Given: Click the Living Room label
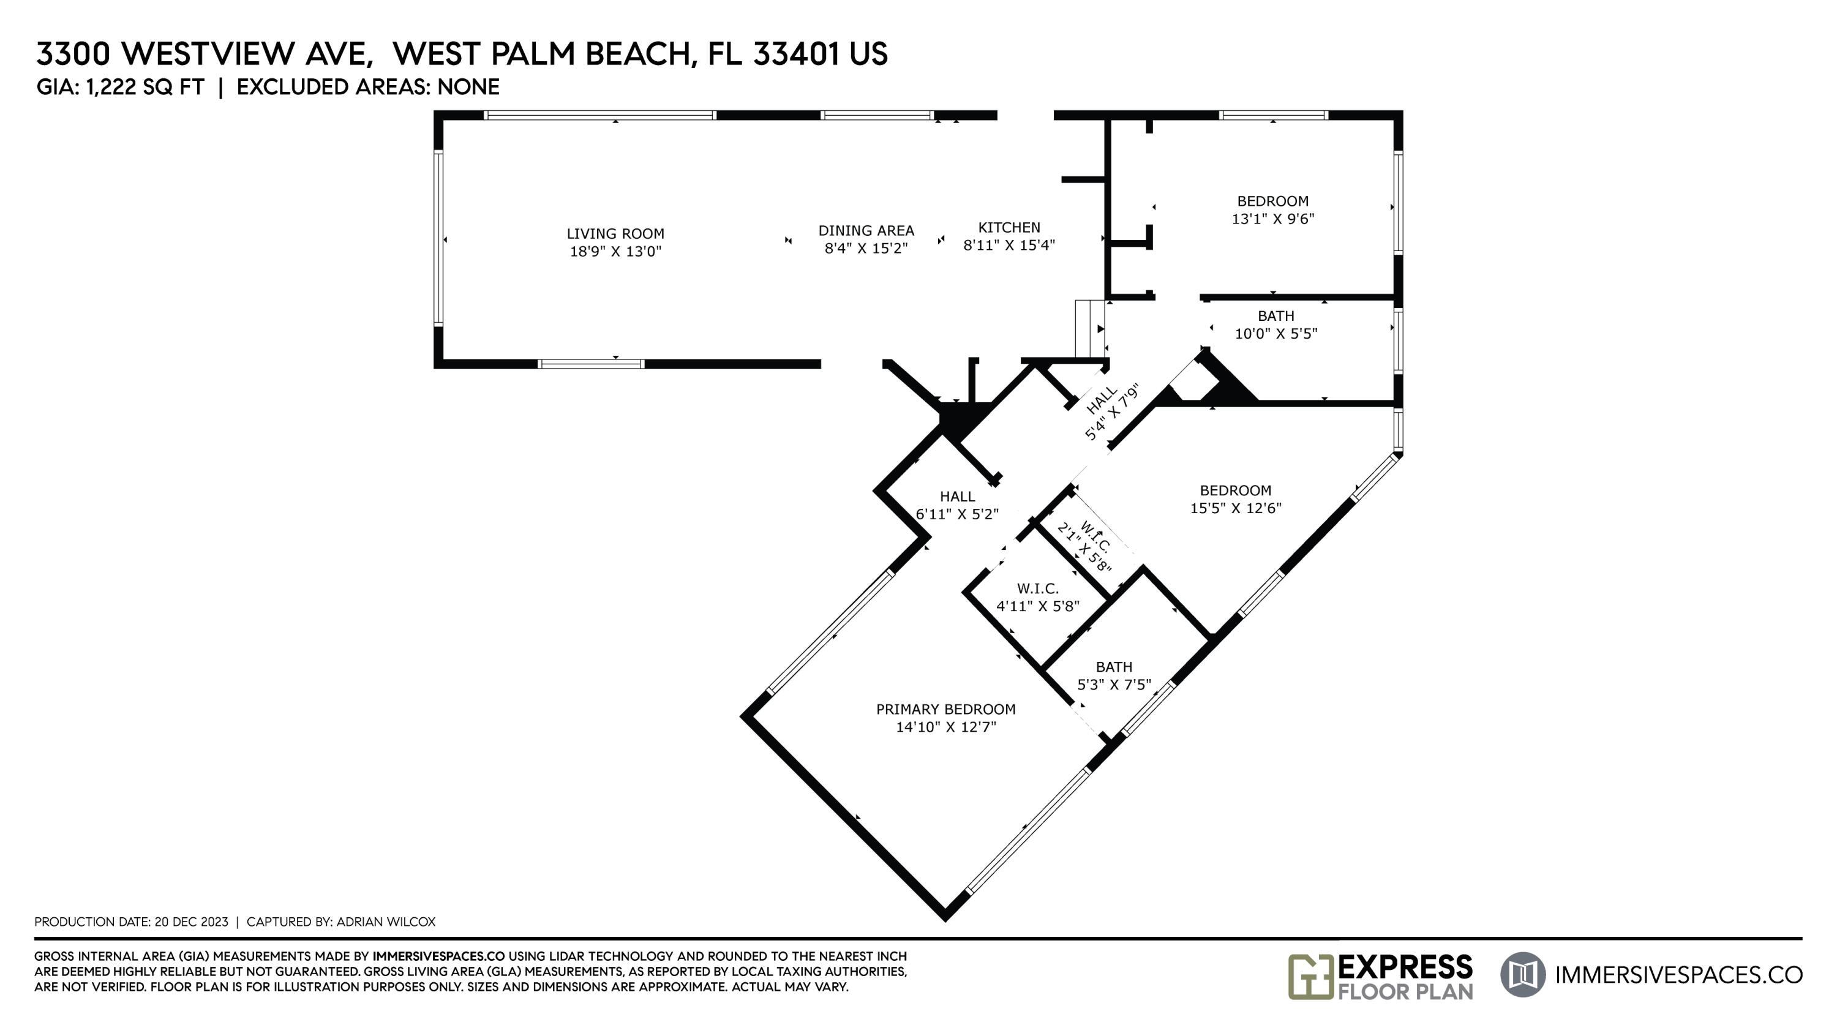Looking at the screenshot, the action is click(615, 233).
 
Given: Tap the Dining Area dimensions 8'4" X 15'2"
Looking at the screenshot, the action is click(866, 248).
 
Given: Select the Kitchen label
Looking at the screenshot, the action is click(1009, 227).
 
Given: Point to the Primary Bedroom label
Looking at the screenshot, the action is click(945, 709).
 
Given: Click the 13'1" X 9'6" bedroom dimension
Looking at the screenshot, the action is click(1273, 219).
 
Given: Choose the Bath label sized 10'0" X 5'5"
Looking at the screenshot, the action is click(1275, 316).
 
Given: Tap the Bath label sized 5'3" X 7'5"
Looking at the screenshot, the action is click(1114, 667).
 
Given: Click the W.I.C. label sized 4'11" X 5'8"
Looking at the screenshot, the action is click(1037, 589).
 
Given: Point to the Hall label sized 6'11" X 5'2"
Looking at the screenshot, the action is click(957, 496).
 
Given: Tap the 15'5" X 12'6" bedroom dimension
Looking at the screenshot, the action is click(1236, 508).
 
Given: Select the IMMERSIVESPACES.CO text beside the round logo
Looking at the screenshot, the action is click(1678, 975).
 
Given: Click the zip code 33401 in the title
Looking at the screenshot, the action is click(795, 54).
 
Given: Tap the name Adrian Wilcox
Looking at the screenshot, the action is click(386, 922).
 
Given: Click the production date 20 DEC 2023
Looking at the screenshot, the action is click(191, 922).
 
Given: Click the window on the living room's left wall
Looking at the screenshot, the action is click(438, 238).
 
